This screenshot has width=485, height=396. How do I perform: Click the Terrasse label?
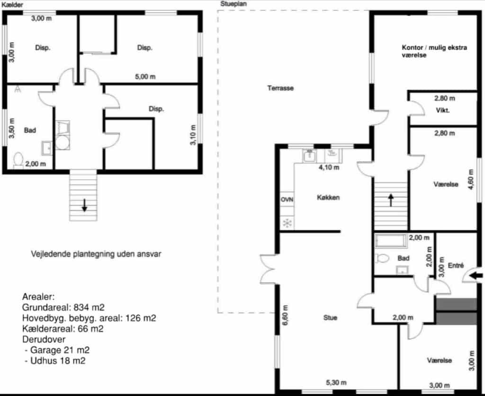click(280, 88)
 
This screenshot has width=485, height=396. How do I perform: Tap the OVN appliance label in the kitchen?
click(287, 200)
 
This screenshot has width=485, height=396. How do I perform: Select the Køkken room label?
click(328, 197)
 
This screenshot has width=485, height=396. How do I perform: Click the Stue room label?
click(330, 317)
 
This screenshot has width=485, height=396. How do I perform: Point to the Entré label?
click(456, 265)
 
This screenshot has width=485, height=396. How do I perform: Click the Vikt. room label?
click(443, 110)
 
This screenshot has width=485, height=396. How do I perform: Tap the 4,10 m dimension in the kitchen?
click(329, 167)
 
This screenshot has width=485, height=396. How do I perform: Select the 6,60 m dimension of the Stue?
click(285, 315)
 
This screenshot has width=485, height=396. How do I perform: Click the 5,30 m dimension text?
click(336, 382)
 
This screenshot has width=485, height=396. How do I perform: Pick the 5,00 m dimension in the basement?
click(145, 76)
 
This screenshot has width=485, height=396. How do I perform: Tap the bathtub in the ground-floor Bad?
click(390, 241)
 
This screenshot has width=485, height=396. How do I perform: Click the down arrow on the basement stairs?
click(84, 205)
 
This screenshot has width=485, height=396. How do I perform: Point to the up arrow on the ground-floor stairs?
click(391, 200)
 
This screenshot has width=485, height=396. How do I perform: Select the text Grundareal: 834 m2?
click(63, 308)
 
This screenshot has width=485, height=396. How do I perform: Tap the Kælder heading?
click(12, 5)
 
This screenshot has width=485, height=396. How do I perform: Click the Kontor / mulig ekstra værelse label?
click(434, 51)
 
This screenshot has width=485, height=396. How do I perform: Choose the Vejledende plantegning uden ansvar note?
click(96, 254)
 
